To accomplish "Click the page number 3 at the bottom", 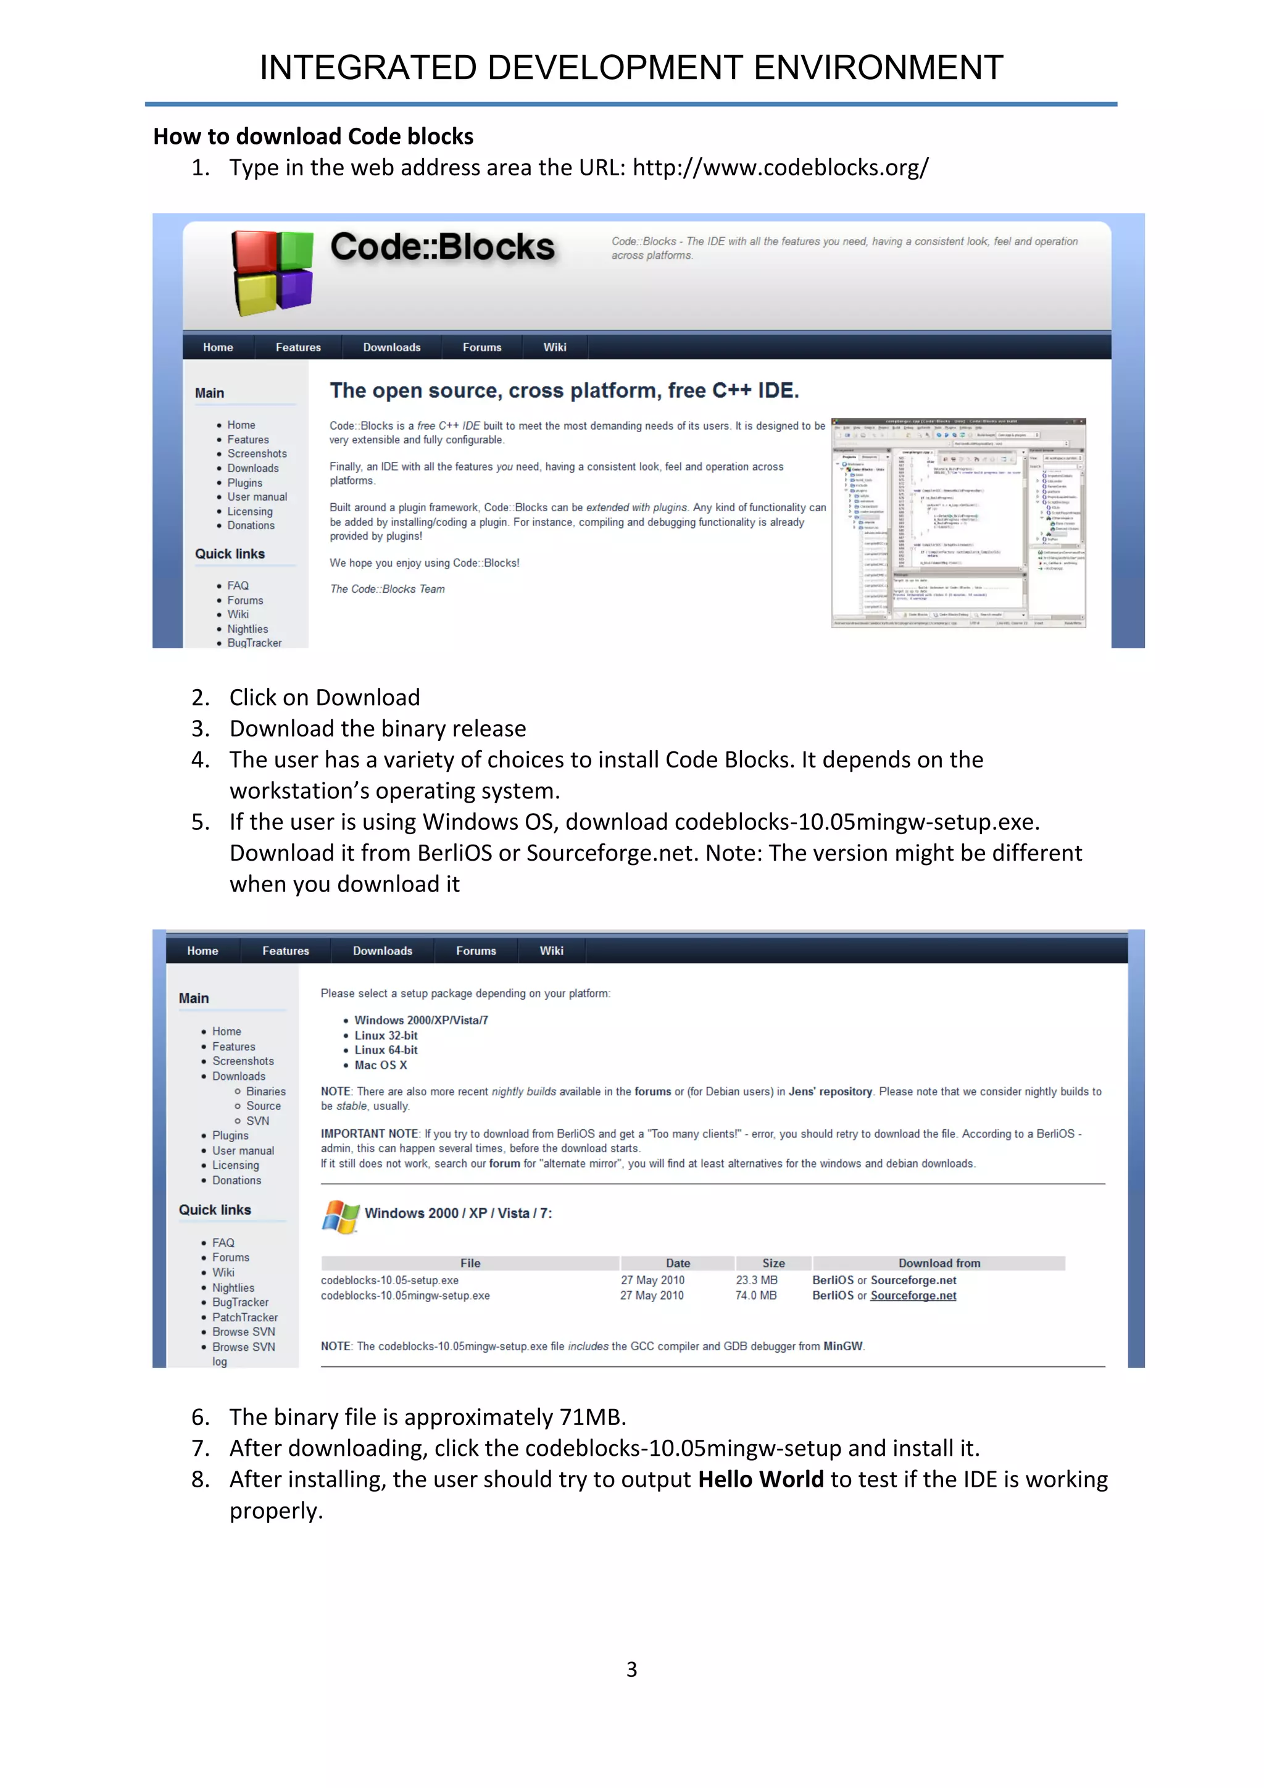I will tap(631, 1669).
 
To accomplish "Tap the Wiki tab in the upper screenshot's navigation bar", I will tap(554, 348).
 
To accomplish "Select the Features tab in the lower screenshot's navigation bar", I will tap(286, 951).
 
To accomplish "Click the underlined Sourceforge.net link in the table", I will tap(913, 1296).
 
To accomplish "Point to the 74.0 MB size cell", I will tap(756, 1296).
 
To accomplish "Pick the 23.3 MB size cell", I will tap(757, 1280).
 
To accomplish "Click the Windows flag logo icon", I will tap(340, 1216).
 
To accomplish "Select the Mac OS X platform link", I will tap(381, 1065).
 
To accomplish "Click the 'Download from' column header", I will tap(939, 1263).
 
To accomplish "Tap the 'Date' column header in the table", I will tap(677, 1263).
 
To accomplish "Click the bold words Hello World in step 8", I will tap(760, 1480).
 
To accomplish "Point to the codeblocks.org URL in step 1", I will tap(780, 167).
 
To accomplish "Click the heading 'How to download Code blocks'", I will tap(313, 136).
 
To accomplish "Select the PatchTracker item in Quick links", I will tap(244, 1318).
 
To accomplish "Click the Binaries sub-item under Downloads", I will tap(265, 1092).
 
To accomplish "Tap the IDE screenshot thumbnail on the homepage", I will tap(958, 522).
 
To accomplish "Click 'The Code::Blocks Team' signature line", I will tap(387, 590).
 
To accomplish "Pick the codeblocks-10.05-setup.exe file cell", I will tap(389, 1280).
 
